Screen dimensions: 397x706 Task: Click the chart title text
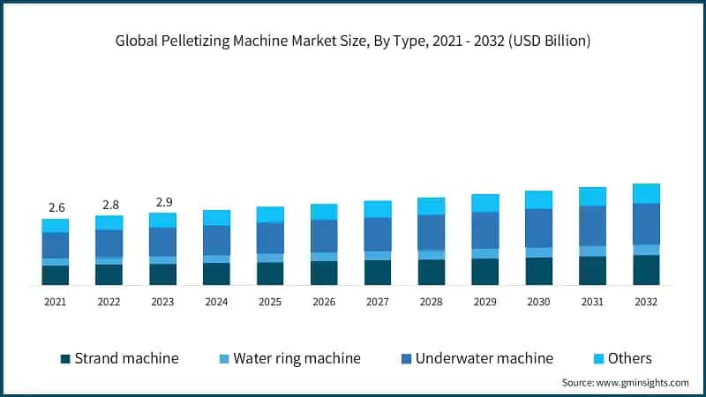pos(353,41)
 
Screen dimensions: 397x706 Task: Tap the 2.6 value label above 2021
pos(56,207)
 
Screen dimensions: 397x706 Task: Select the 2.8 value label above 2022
pos(109,204)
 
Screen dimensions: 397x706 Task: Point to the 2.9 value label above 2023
pos(162,201)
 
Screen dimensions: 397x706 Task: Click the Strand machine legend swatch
pos(65,359)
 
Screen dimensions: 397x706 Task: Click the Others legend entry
pos(629,358)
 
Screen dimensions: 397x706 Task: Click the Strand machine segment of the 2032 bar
pos(646,270)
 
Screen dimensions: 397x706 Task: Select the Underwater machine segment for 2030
pos(538,228)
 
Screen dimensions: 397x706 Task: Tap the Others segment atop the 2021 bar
pos(56,226)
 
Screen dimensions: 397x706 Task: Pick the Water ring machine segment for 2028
pos(432,255)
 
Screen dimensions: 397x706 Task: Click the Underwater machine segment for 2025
pos(270,238)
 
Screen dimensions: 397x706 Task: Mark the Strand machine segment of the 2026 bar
pos(324,273)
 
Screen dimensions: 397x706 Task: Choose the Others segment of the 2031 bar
pos(592,196)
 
